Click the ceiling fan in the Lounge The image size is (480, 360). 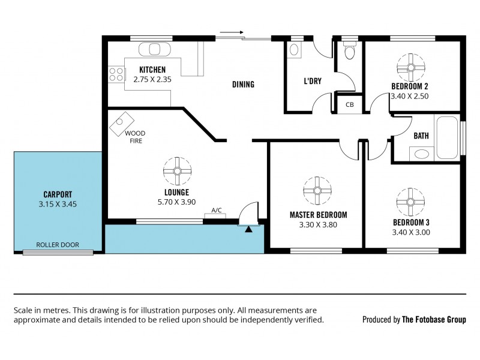coord(177,171)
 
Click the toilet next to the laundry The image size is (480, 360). coord(349,50)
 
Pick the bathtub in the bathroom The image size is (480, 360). coord(447,136)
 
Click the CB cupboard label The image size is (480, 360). coord(350,105)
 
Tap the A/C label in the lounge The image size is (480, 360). coord(217,210)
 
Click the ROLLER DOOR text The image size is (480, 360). coord(57,245)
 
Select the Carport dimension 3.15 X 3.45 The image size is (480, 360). coord(58,204)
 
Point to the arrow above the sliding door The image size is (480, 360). coord(232,33)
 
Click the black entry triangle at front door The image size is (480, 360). coord(248,228)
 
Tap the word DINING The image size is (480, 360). coord(243,85)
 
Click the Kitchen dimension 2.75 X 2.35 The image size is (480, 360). coord(152,78)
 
